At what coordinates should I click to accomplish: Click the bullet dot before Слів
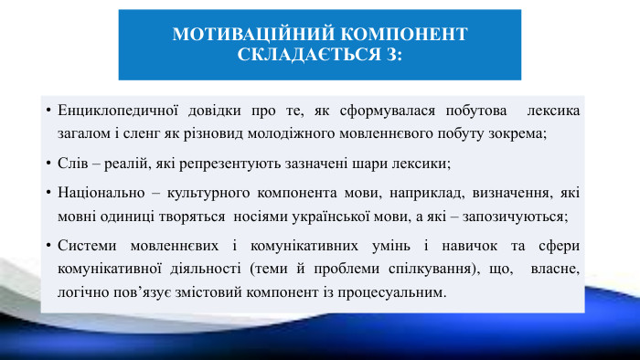(47, 164)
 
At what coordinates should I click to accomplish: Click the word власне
(556, 270)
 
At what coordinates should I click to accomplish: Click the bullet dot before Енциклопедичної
(47, 111)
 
